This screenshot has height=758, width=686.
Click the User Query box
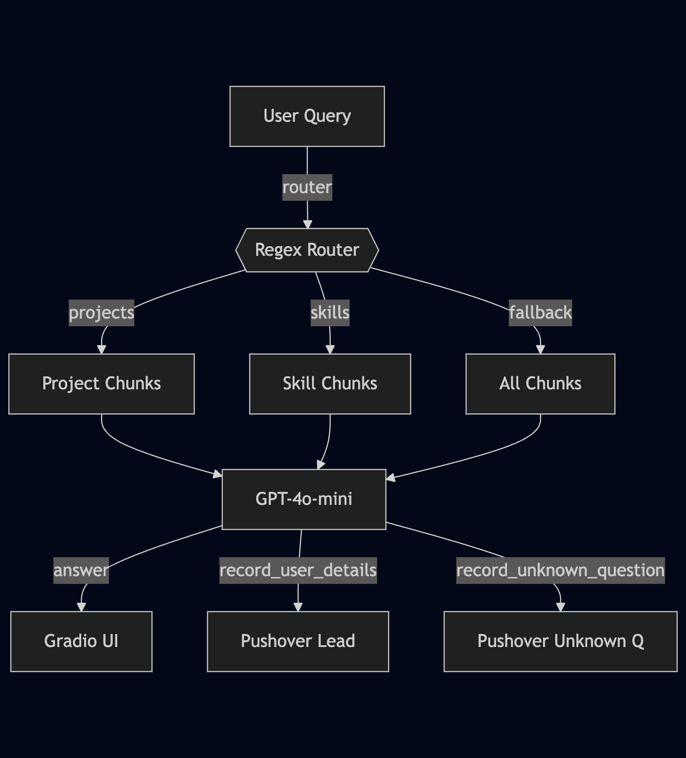tap(307, 116)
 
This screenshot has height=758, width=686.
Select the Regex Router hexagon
tap(307, 250)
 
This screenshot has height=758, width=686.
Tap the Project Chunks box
tap(101, 384)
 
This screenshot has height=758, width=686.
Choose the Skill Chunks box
tap(330, 384)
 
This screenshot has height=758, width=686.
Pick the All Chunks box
tap(540, 384)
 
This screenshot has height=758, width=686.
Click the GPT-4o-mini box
tap(304, 499)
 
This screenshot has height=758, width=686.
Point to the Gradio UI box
tap(81, 641)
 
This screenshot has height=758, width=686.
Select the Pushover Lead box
tap(298, 641)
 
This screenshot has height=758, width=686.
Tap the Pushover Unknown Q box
tap(561, 641)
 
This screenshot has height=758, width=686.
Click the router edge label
tap(307, 187)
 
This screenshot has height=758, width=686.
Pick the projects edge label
tap(101, 313)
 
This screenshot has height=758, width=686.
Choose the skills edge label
tap(330, 313)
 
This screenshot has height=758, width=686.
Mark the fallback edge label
tap(540, 313)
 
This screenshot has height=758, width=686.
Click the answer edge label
tap(81, 570)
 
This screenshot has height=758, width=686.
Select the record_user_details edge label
tap(298, 570)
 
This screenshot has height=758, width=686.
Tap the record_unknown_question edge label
tap(561, 570)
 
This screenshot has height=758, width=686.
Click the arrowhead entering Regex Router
tap(308, 224)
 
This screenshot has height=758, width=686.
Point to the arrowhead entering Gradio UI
tap(81, 607)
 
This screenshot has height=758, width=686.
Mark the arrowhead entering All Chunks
tap(540, 350)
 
